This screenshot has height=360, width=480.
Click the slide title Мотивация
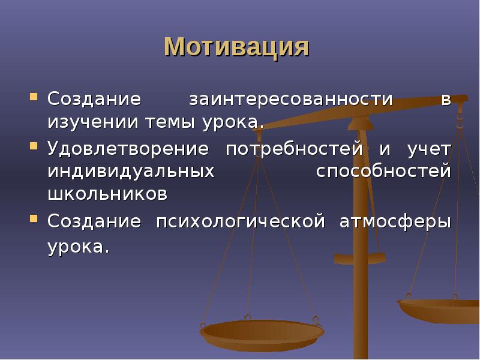point(236,47)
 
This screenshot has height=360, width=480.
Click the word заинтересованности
point(291,98)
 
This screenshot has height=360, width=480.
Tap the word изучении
point(92,122)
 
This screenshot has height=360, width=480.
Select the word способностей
point(383,171)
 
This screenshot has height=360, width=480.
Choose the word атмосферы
point(395,221)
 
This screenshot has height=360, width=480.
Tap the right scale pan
point(441,309)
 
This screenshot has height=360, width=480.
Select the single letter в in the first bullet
point(446,99)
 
